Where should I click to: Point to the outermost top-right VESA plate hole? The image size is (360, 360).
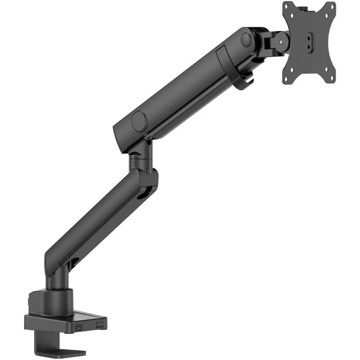(330, 6)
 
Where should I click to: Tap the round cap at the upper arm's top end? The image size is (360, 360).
(246, 39)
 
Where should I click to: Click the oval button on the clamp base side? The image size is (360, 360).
(78, 327)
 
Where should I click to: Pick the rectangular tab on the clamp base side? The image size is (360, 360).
(101, 326)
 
